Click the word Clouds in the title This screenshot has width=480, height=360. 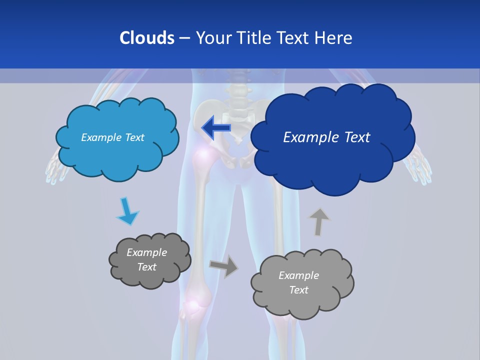146,37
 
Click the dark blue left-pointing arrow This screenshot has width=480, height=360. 216,127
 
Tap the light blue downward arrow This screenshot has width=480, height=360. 127,211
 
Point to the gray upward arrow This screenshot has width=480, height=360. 319,221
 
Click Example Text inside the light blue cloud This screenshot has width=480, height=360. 112,137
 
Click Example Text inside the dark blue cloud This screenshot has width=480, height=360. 326,137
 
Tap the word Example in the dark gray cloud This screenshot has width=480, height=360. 146,252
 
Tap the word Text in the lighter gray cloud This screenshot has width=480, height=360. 298,290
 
